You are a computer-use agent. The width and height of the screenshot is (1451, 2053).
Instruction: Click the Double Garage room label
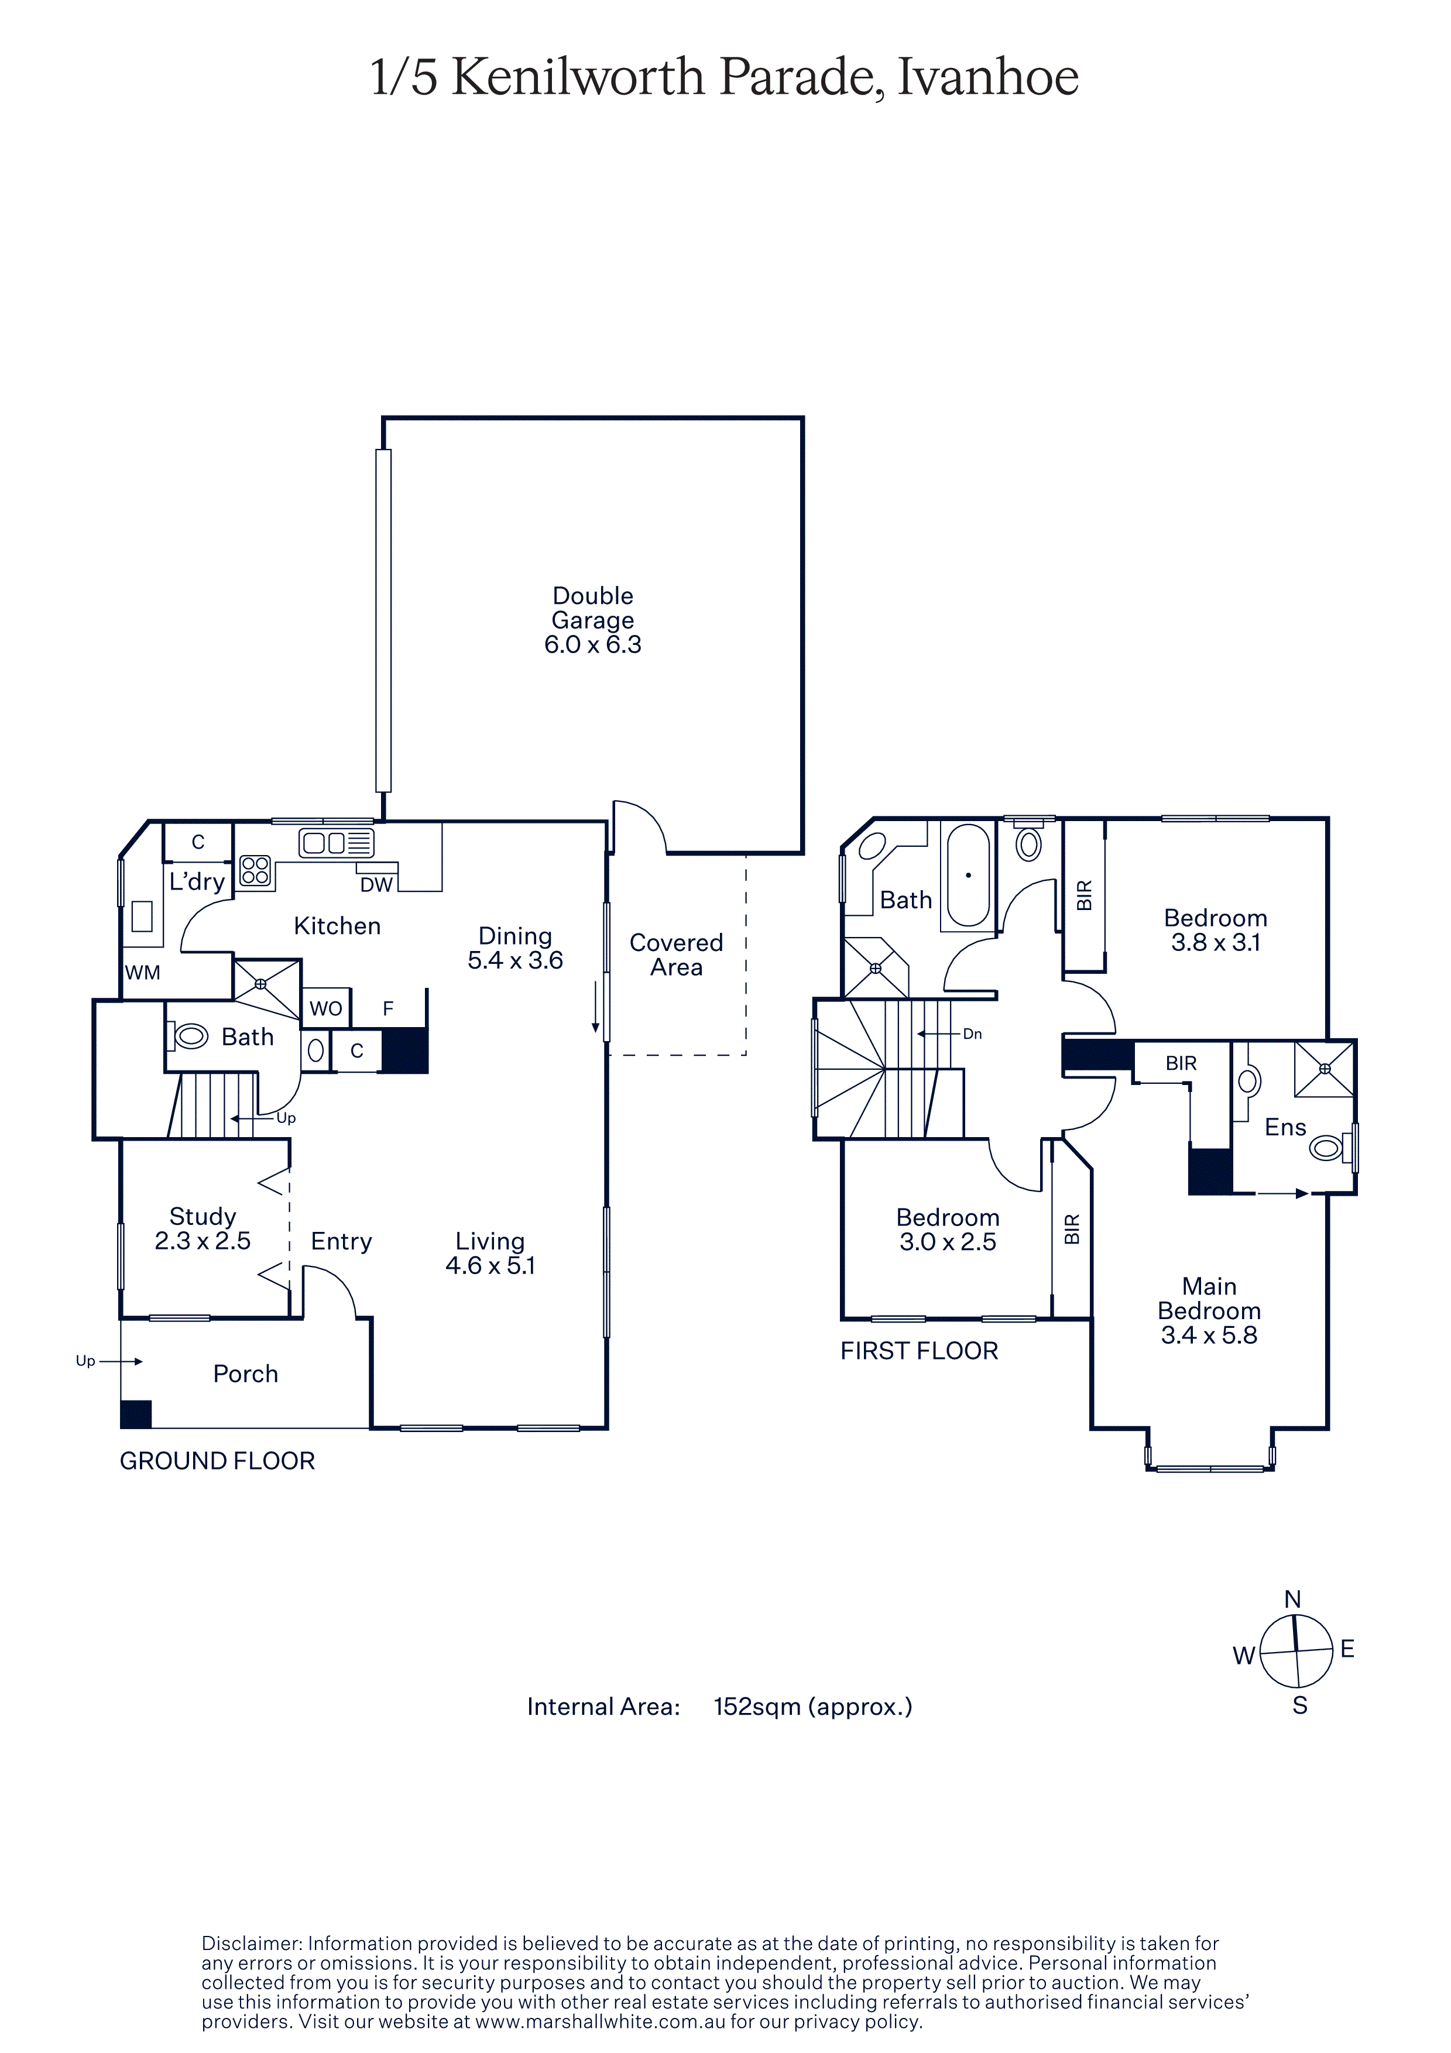click(593, 620)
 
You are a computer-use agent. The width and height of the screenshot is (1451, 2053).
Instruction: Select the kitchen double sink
click(336, 842)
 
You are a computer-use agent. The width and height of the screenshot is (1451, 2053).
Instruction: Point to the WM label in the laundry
click(143, 972)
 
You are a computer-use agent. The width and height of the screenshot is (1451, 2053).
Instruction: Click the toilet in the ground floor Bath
click(188, 1036)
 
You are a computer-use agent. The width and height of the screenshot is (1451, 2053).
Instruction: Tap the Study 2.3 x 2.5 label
click(203, 1228)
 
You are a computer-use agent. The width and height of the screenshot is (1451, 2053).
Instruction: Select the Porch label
click(246, 1374)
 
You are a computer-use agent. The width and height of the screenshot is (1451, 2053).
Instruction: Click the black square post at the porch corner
click(136, 1414)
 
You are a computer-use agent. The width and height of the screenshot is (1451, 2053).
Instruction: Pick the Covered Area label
click(677, 955)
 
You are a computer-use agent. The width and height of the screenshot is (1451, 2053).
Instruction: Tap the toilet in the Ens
click(1329, 1146)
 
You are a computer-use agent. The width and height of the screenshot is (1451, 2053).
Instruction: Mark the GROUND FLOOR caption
click(217, 1461)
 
